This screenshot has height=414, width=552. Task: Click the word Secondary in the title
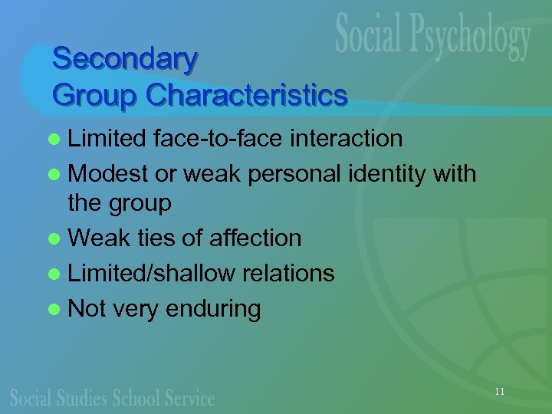pos(125,59)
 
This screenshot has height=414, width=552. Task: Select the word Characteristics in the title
pos(247,96)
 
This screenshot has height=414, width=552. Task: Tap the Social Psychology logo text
pos(433,38)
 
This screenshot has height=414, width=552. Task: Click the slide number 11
pos(500,392)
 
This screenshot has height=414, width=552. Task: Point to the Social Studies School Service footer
pos(112,397)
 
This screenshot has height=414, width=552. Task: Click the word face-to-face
pos(218,139)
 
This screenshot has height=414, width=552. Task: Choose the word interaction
pos(346,139)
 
